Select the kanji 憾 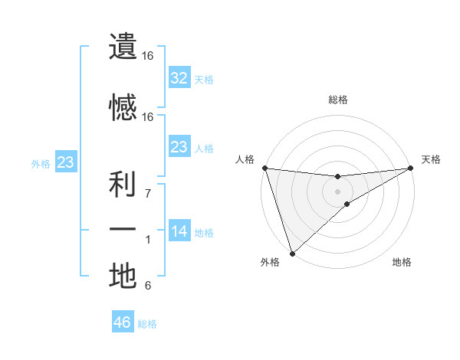(123, 107)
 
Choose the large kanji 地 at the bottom (123, 276)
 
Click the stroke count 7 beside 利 (148, 193)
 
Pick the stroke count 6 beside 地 (148, 286)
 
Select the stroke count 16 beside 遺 (148, 57)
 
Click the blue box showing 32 (179, 78)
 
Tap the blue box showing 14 (179, 232)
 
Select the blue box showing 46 (123, 322)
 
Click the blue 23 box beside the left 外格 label (65, 162)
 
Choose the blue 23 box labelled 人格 (179, 147)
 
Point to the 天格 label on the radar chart (431, 159)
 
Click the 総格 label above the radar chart (338, 100)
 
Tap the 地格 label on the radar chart (402, 263)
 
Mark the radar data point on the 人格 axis (264, 168)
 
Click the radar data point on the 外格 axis (291, 254)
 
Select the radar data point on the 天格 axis (411, 168)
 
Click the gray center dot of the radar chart (337, 191)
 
